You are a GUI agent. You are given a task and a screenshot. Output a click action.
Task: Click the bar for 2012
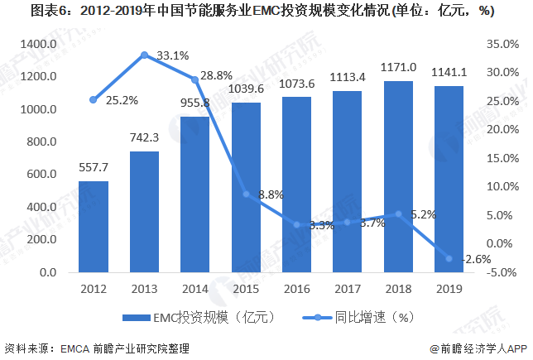(94, 226)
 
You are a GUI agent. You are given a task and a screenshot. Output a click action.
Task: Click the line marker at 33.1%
(144, 55)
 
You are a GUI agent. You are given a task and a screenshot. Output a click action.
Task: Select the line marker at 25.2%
(94, 100)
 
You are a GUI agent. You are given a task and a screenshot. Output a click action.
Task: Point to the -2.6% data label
(477, 259)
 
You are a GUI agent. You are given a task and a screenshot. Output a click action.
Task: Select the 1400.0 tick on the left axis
(40, 43)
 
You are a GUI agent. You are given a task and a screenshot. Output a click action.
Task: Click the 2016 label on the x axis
(296, 289)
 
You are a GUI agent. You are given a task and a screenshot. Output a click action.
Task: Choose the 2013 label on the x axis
(144, 289)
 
